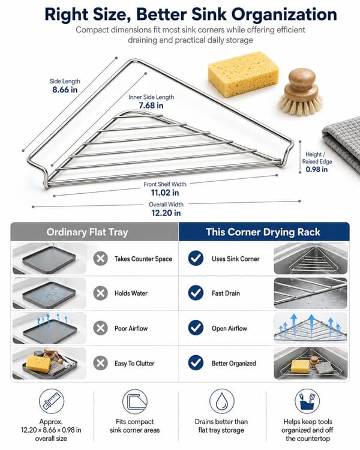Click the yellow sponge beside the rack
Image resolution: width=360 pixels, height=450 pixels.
[243, 74]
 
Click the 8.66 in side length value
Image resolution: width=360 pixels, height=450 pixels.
[65, 90]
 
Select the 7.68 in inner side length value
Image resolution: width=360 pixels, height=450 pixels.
[151, 106]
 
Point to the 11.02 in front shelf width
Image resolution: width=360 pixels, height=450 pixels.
[165, 193]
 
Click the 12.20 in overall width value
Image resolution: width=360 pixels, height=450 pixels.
[166, 213]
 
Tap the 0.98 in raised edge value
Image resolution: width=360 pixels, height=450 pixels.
[317, 169]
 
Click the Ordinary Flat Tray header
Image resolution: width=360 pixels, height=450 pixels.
[87, 232]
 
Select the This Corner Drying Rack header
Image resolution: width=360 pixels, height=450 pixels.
[263, 232]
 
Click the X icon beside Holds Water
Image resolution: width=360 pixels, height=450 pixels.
[100, 293]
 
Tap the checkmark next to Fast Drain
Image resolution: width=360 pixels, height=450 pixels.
[196, 293]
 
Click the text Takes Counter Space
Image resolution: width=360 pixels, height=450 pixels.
[143, 259]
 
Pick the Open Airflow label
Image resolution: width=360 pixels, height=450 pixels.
[229, 328]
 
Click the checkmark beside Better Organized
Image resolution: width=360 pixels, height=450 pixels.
[196, 363]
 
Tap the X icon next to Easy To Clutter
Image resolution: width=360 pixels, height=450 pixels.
[100, 363]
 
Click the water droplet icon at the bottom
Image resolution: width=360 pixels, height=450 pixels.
[221, 401]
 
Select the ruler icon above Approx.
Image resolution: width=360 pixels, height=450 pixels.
[52, 401]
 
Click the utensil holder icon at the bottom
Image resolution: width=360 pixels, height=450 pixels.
[307, 401]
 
